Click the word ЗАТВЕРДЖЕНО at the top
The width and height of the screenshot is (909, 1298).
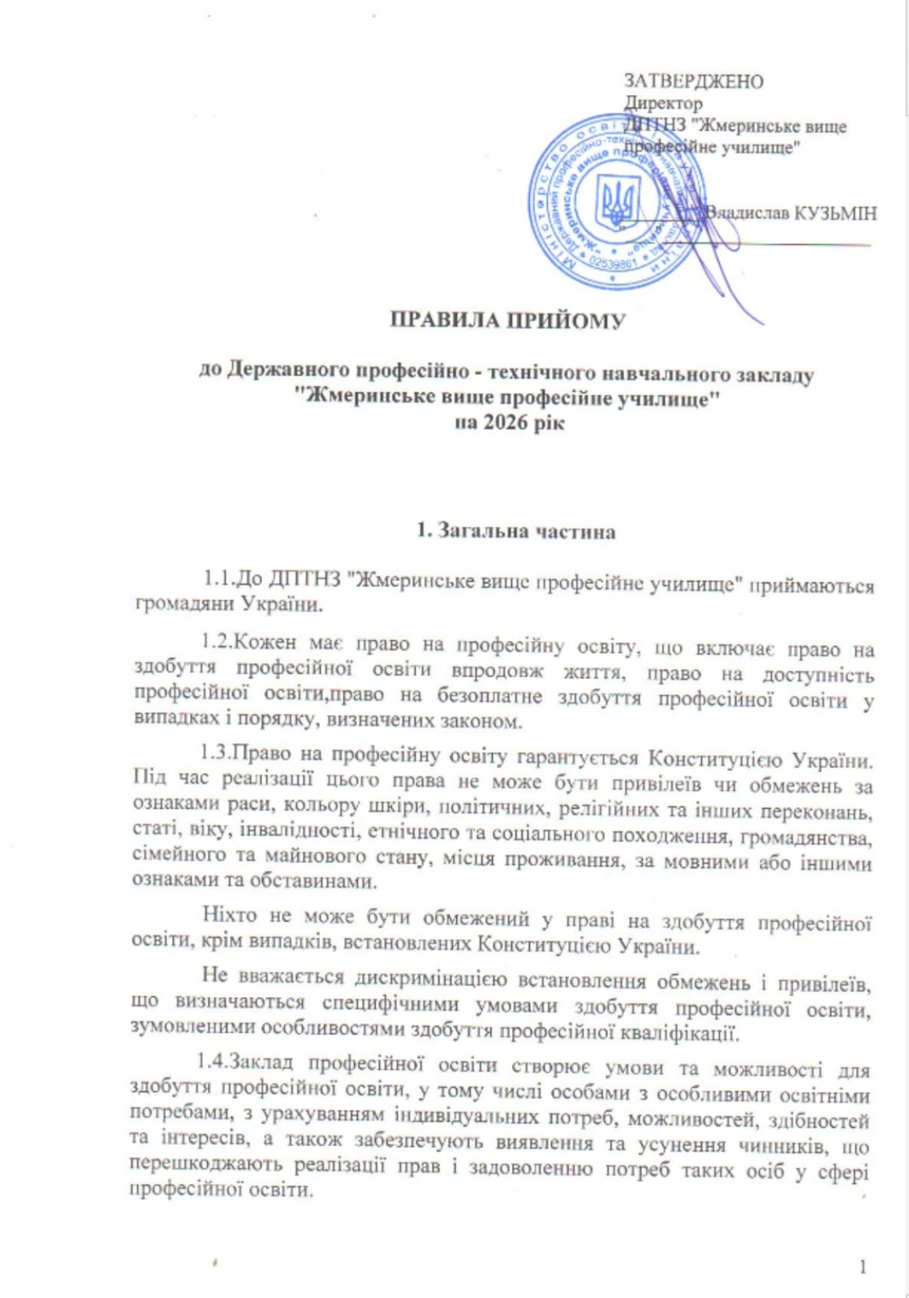693,81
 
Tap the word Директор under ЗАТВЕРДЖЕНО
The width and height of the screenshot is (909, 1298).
663,104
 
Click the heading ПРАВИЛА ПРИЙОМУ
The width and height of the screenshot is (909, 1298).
508,321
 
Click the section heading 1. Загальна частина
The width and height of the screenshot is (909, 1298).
515,532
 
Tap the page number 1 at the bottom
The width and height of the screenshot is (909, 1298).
863,1266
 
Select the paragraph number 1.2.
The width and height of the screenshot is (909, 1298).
218,647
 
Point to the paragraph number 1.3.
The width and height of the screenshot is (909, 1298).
218,757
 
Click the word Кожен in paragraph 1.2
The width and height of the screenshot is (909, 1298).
265,647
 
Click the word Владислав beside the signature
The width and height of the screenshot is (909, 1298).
742,214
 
